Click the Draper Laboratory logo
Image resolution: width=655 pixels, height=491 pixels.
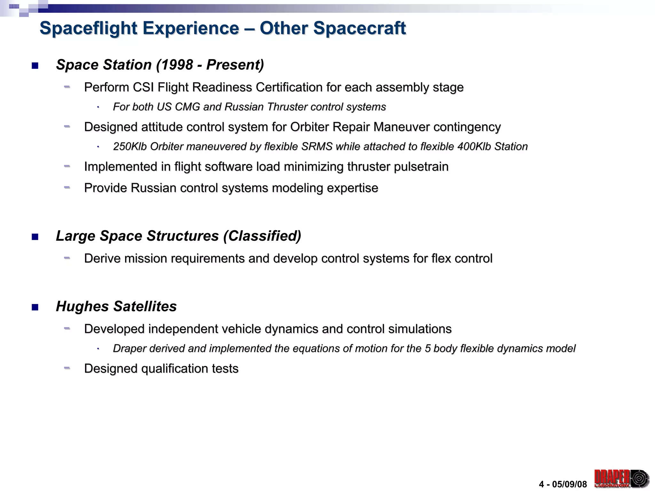coord(621,478)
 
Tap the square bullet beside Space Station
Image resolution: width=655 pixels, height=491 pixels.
coord(35,66)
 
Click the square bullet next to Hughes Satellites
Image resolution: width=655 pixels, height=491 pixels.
coord(35,308)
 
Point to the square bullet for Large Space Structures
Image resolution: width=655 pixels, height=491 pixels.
coord(35,237)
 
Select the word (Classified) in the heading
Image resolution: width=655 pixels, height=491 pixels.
coord(262,236)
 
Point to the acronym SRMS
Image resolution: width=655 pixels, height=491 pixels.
coord(317,146)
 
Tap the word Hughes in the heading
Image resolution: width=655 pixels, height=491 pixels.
coord(83,306)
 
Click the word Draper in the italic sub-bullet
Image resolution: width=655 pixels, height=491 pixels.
coord(130,348)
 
